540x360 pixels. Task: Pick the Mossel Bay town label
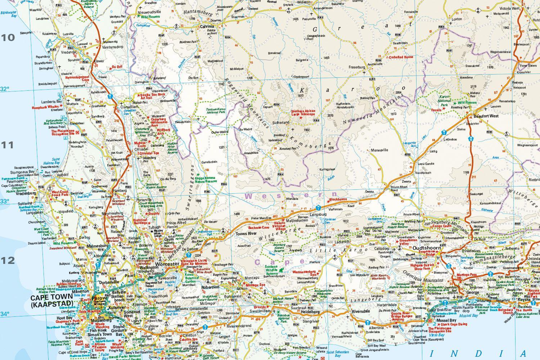coord(446,320)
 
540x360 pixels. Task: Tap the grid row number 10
coord(8,37)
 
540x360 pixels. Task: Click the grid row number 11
coord(8,145)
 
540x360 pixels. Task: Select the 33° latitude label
coord(5,201)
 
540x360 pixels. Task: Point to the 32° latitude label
coord(5,89)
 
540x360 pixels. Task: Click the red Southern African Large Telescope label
coord(303,113)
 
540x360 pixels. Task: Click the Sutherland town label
coord(283,122)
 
